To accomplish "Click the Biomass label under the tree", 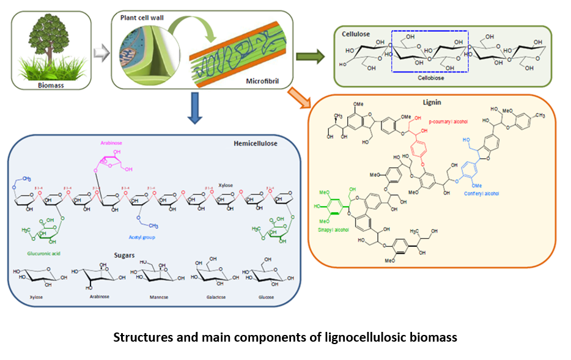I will pyautogui.click(x=51, y=86).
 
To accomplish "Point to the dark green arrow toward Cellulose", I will pyautogui.click(x=310, y=57).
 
